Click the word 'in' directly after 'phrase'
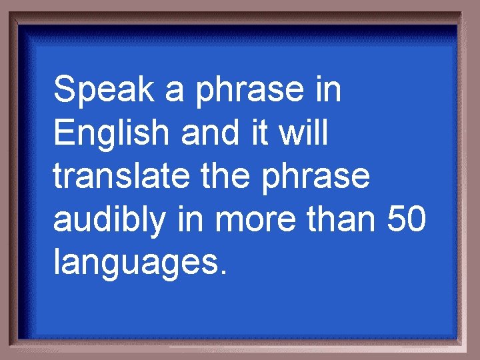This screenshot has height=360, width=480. click(328, 90)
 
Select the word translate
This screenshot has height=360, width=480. click(119, 176)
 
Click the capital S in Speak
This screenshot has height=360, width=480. click(65, 90)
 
